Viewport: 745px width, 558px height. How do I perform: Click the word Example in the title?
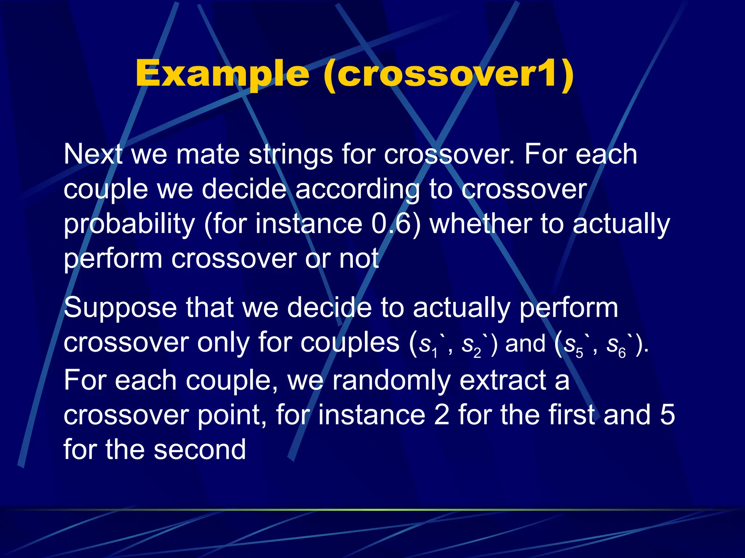click(x=222, y=74)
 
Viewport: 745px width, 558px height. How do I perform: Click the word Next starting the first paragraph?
click(x=92, y=154)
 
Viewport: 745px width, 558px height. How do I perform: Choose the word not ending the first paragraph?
click(x=359, y=259)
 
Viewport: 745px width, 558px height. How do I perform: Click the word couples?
click(x=350, y=343)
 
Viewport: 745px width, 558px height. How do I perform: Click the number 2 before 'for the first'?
click(x=442, y=415)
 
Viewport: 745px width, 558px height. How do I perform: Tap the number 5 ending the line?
click(x=667, y=415)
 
